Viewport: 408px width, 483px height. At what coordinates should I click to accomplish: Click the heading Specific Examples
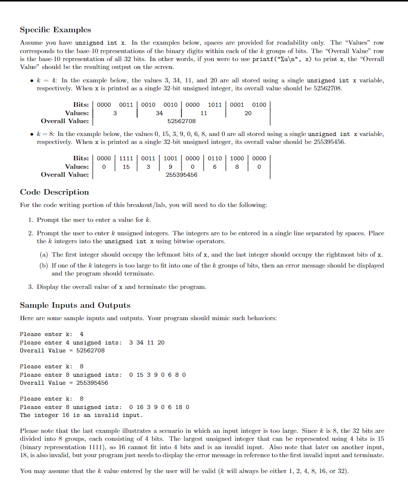click(55, 30)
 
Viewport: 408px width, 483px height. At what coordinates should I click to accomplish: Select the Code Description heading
click(54, 192)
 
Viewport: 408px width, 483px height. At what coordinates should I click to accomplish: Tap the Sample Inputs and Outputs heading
click(75, 305)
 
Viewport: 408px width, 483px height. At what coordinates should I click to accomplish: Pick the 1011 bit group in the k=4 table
click(215, 105)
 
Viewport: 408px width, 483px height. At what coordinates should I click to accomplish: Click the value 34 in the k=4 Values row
click(159, 113)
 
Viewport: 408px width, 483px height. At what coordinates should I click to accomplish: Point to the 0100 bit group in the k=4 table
click(259, 105)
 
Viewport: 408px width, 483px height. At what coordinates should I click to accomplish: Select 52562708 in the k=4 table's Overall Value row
click(181, 121)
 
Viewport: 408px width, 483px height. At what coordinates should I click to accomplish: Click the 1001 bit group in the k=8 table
click(170, 158)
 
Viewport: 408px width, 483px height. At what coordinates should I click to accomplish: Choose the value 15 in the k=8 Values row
click(126, 167)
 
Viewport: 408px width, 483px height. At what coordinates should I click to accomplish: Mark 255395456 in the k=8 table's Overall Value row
click(181, 175)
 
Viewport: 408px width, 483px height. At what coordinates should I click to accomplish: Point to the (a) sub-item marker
click(44, 255)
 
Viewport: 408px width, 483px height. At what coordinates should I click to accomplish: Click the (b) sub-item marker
click(44, 266)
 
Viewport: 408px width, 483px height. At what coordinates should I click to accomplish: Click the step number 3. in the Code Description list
click(31, 287)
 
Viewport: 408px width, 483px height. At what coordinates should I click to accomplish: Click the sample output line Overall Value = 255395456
click(64, 383)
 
